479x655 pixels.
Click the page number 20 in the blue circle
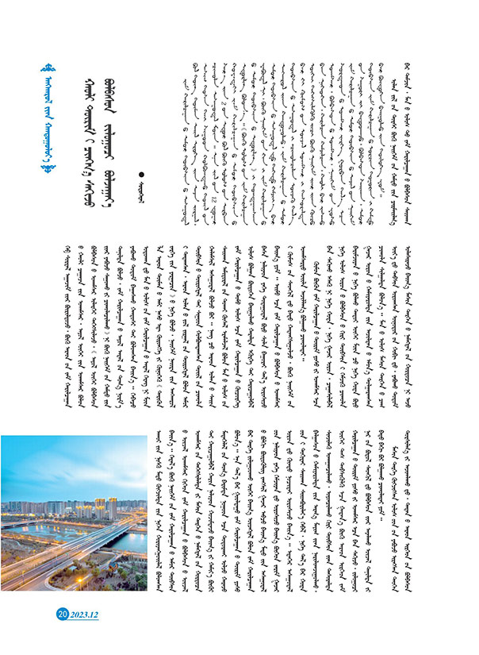(x=62, y=614)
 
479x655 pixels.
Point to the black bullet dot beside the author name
(x=143, y=173)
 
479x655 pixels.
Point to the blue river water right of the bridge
(x=131, y=543)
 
